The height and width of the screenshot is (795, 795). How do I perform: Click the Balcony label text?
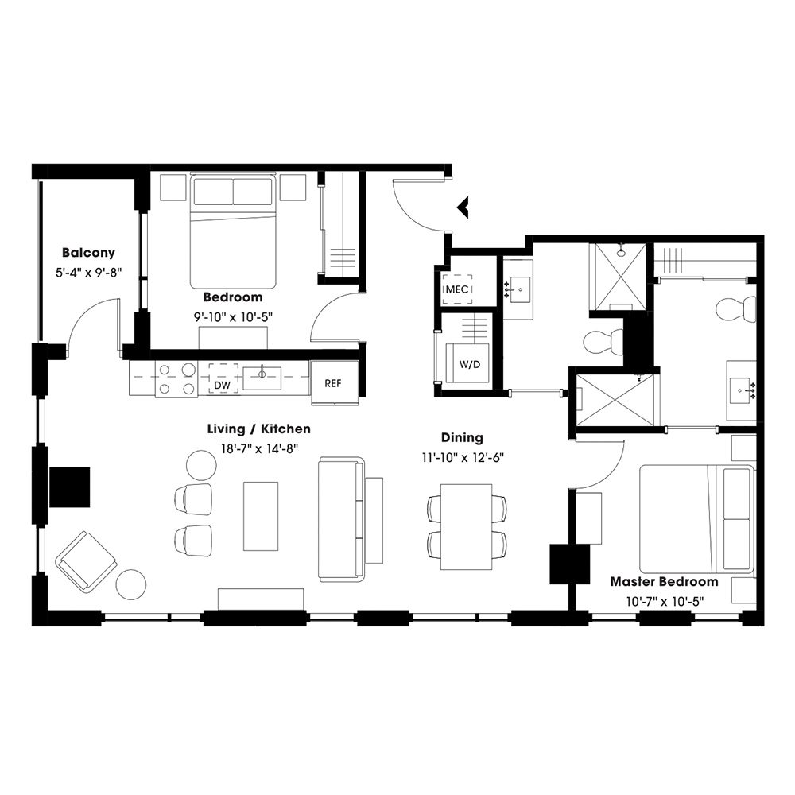(88, 253)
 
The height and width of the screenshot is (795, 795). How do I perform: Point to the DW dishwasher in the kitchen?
(223, 384)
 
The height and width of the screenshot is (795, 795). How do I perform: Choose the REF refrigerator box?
(332, 382)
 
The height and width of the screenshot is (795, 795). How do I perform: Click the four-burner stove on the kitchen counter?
(176, 379)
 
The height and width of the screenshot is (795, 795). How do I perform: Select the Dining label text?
(462, 437)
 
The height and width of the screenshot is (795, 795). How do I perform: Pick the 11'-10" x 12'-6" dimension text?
(463, 457)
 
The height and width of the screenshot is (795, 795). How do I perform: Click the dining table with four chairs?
(467, 525)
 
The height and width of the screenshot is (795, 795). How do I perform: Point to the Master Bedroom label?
(664, 581)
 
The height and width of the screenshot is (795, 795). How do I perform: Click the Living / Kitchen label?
(258, 429)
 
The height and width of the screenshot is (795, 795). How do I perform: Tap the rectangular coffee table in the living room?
(261, 515)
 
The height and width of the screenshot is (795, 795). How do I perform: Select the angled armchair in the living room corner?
(86, 561)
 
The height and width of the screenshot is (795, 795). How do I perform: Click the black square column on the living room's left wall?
(69, 487)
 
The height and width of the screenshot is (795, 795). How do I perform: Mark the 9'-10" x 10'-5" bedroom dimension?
(232, 316)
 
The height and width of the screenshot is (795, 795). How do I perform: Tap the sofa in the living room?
(342, 518)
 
